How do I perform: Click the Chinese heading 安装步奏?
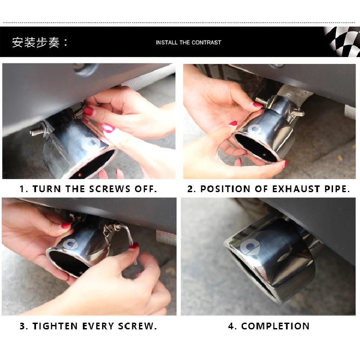[36, 42]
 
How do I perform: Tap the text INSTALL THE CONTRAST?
[189, 42]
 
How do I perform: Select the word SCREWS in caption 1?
[110, 189]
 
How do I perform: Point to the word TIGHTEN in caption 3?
[55, 326]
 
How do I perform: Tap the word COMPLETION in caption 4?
[275, 326]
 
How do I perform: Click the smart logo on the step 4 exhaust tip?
[249, 247]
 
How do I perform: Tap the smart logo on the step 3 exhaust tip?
[71, 244]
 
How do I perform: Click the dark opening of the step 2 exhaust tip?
[256, 148]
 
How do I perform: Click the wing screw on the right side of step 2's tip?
[297, 113]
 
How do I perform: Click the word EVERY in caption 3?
[98, 326]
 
